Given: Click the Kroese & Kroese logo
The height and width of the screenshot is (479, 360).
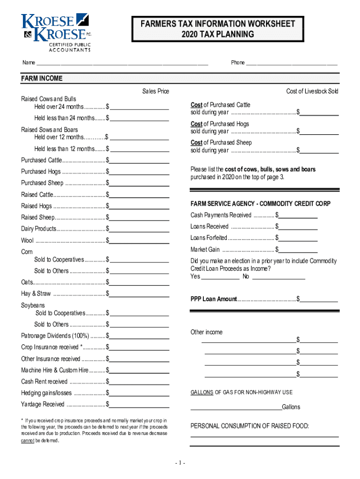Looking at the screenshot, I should pos(55,32).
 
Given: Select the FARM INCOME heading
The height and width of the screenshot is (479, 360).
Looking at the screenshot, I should pos(42,79).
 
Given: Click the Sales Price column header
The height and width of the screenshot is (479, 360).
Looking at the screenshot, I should pos(155,91).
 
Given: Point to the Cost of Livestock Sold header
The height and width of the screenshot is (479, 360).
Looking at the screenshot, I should pos(312,91).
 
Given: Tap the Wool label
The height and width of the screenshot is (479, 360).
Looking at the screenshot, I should pos(27,240).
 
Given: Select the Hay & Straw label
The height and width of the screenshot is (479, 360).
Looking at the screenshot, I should pos(36,294).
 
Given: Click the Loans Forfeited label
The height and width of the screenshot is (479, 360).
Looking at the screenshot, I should pos(209,238).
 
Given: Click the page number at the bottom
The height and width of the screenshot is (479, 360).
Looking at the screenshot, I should pos(180,463).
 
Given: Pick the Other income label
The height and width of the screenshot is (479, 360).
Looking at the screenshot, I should pos(206,332).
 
